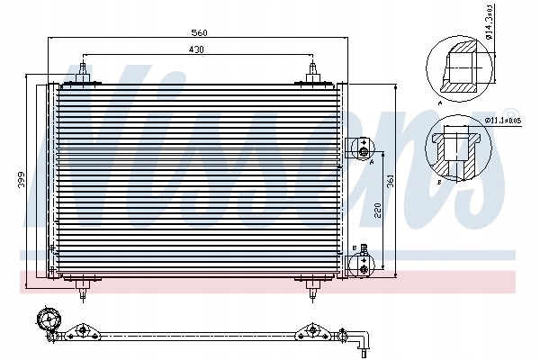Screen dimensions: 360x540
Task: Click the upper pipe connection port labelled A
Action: click(362, 147)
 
